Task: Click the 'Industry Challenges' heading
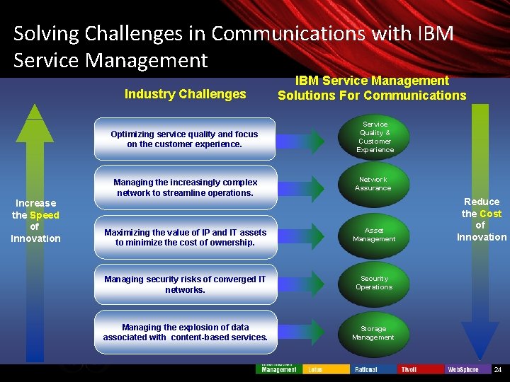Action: (185, 94)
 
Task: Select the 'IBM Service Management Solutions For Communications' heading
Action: (372, 88)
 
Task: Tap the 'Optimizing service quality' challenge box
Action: (185, 139)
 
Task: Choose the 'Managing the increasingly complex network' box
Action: (185, 187)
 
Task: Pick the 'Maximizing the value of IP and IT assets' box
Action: (185, 237)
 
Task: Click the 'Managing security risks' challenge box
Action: (185, 284)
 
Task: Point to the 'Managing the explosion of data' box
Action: (185, 332)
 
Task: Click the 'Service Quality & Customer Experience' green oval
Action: (374, 137)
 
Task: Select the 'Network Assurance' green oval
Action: (373, 184)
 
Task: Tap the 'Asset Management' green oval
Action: (374, 234)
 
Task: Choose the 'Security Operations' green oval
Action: (374, 283)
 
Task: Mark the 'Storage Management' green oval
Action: (373, 332)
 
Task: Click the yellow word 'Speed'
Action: (45, 215)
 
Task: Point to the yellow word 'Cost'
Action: (490, 214)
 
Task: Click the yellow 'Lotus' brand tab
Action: (325, 369)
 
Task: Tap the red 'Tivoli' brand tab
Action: (421, 369)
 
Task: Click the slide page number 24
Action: (497, 370)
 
